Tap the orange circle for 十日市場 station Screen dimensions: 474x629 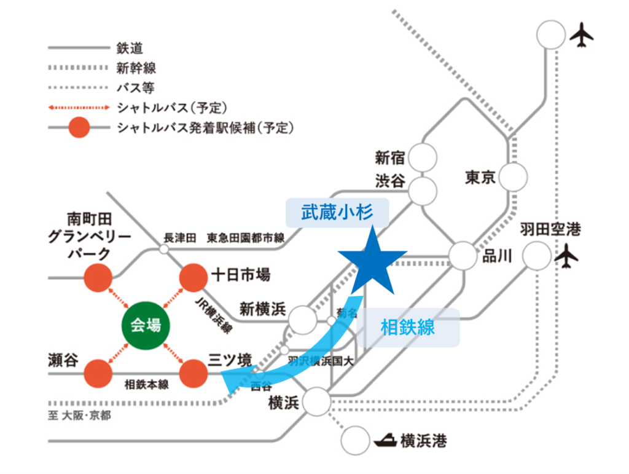click(x=194, y=277)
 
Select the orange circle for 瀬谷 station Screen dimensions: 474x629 click(x=98, y=373)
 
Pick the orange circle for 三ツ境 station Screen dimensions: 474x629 click(x=194, y=373)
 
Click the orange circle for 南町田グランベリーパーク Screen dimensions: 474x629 click(x=98, y=277)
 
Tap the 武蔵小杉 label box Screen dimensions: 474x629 click(x=337, y=213)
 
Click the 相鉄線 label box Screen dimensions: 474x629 click(x=408, y=327)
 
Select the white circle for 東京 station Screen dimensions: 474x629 click(x=514, y=178)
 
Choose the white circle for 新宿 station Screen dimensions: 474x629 click(x=423, y=157)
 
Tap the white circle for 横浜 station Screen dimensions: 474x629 click(x=317, y=402)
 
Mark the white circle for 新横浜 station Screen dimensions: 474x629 click(x=303, y=319)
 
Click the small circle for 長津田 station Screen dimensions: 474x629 click(x=164, y=249)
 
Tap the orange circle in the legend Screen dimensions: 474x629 click(x=79, y=128)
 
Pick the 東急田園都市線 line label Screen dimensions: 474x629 click(x=245, y=238)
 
